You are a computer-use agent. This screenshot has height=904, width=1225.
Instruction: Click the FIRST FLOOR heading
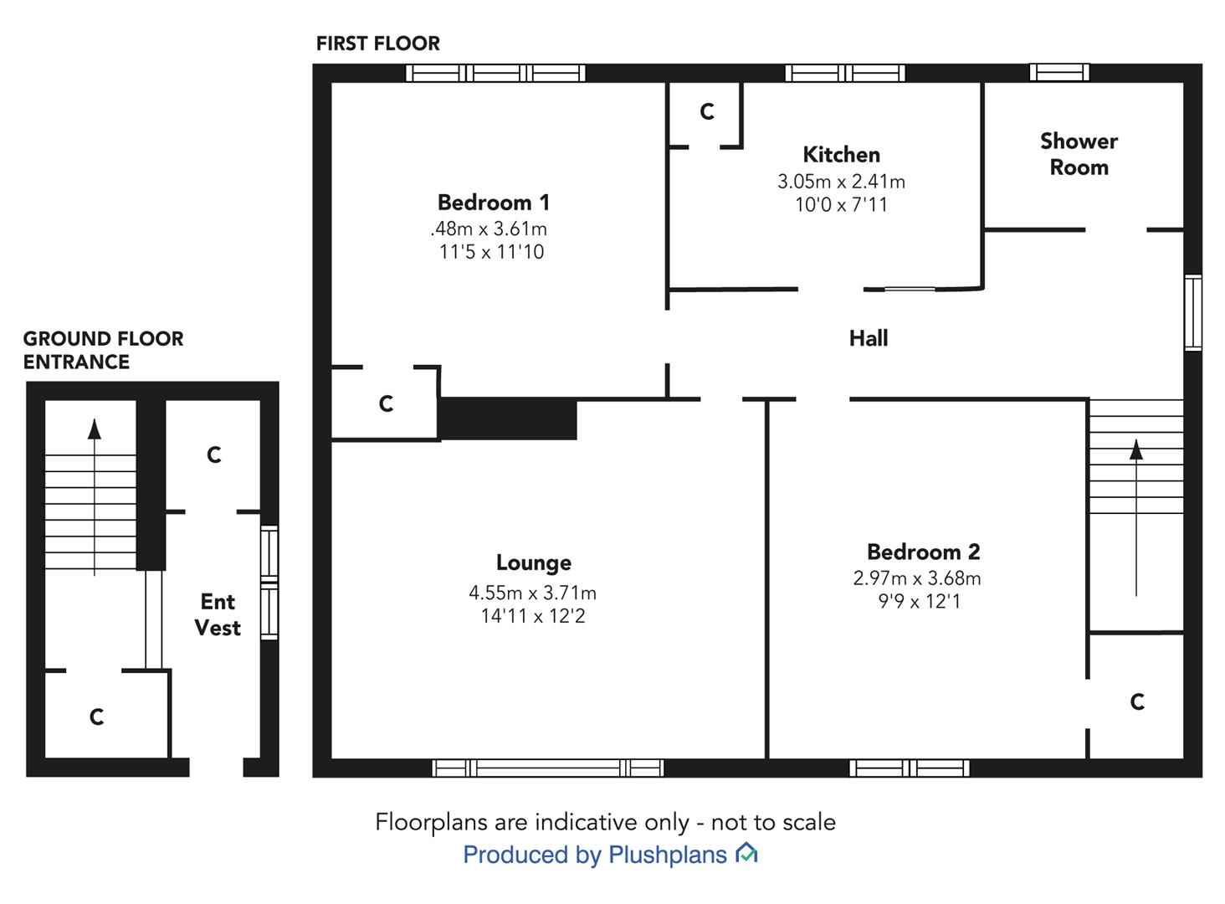378,44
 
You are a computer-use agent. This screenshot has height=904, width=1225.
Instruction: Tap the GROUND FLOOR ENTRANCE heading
104,350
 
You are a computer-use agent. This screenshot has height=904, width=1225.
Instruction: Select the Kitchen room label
841,155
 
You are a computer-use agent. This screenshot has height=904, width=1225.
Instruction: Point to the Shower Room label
1079,154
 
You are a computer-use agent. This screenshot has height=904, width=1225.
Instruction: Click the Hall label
869,338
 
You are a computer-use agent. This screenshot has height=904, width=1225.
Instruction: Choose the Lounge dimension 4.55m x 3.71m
533,593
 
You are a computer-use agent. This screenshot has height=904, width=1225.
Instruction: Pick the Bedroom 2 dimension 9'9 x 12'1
920,601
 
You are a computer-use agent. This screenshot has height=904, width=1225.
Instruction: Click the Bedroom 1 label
494,203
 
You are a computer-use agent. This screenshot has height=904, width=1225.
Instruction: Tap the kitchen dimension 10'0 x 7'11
841,205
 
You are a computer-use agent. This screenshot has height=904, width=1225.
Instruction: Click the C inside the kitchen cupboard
707,111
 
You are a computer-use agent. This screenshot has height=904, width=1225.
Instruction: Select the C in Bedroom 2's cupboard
1137,701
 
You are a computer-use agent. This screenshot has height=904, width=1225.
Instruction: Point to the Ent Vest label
218,614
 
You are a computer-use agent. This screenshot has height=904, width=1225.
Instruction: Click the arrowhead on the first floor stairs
1136,449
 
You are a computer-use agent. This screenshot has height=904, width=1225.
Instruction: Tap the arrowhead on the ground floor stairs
95,429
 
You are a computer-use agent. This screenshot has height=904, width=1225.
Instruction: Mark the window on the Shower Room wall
1059,72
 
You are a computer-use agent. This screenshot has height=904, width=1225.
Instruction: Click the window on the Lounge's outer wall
548,768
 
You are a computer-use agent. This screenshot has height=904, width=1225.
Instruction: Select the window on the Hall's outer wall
1193,312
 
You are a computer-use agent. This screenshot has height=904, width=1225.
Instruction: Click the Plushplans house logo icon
746,853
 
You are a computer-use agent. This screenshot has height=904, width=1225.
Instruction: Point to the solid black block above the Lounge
508,419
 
